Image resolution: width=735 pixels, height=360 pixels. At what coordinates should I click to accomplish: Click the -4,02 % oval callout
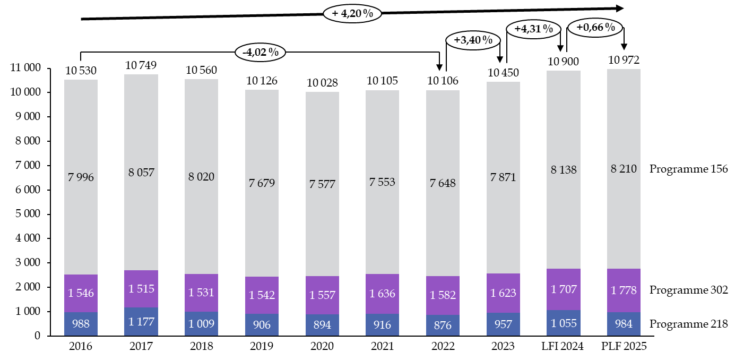pos(260,52)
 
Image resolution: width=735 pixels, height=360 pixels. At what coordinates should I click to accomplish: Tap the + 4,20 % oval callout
pos(352,13)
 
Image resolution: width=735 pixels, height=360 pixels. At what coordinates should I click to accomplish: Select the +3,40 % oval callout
pos(473,40)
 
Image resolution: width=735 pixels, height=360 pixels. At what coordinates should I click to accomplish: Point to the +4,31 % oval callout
pos(533,29)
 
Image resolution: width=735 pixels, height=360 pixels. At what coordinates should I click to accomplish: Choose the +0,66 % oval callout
pos(595,27)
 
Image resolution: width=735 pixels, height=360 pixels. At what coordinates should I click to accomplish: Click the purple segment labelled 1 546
pos(81,293)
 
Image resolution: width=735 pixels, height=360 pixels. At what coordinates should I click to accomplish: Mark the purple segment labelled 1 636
pos(382,294)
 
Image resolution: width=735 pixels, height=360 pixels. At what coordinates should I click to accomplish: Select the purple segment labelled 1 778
pos(624,290)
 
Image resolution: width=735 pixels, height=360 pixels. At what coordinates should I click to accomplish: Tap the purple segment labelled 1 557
pos(322,295)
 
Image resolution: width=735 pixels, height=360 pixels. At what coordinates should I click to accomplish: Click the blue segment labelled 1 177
pos(141,321)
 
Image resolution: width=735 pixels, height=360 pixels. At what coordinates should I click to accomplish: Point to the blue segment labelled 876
pos(443,325)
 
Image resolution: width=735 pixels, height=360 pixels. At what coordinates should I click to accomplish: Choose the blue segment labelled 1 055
pos(564,323)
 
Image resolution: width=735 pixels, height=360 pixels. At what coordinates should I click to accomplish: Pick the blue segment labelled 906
pos(262,325)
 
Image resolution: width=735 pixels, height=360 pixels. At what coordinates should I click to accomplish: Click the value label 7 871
pos(503,177)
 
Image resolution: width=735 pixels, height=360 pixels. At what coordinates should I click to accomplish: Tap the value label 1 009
pos(201,324)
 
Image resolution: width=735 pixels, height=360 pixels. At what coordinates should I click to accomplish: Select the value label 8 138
pos(564,170)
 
